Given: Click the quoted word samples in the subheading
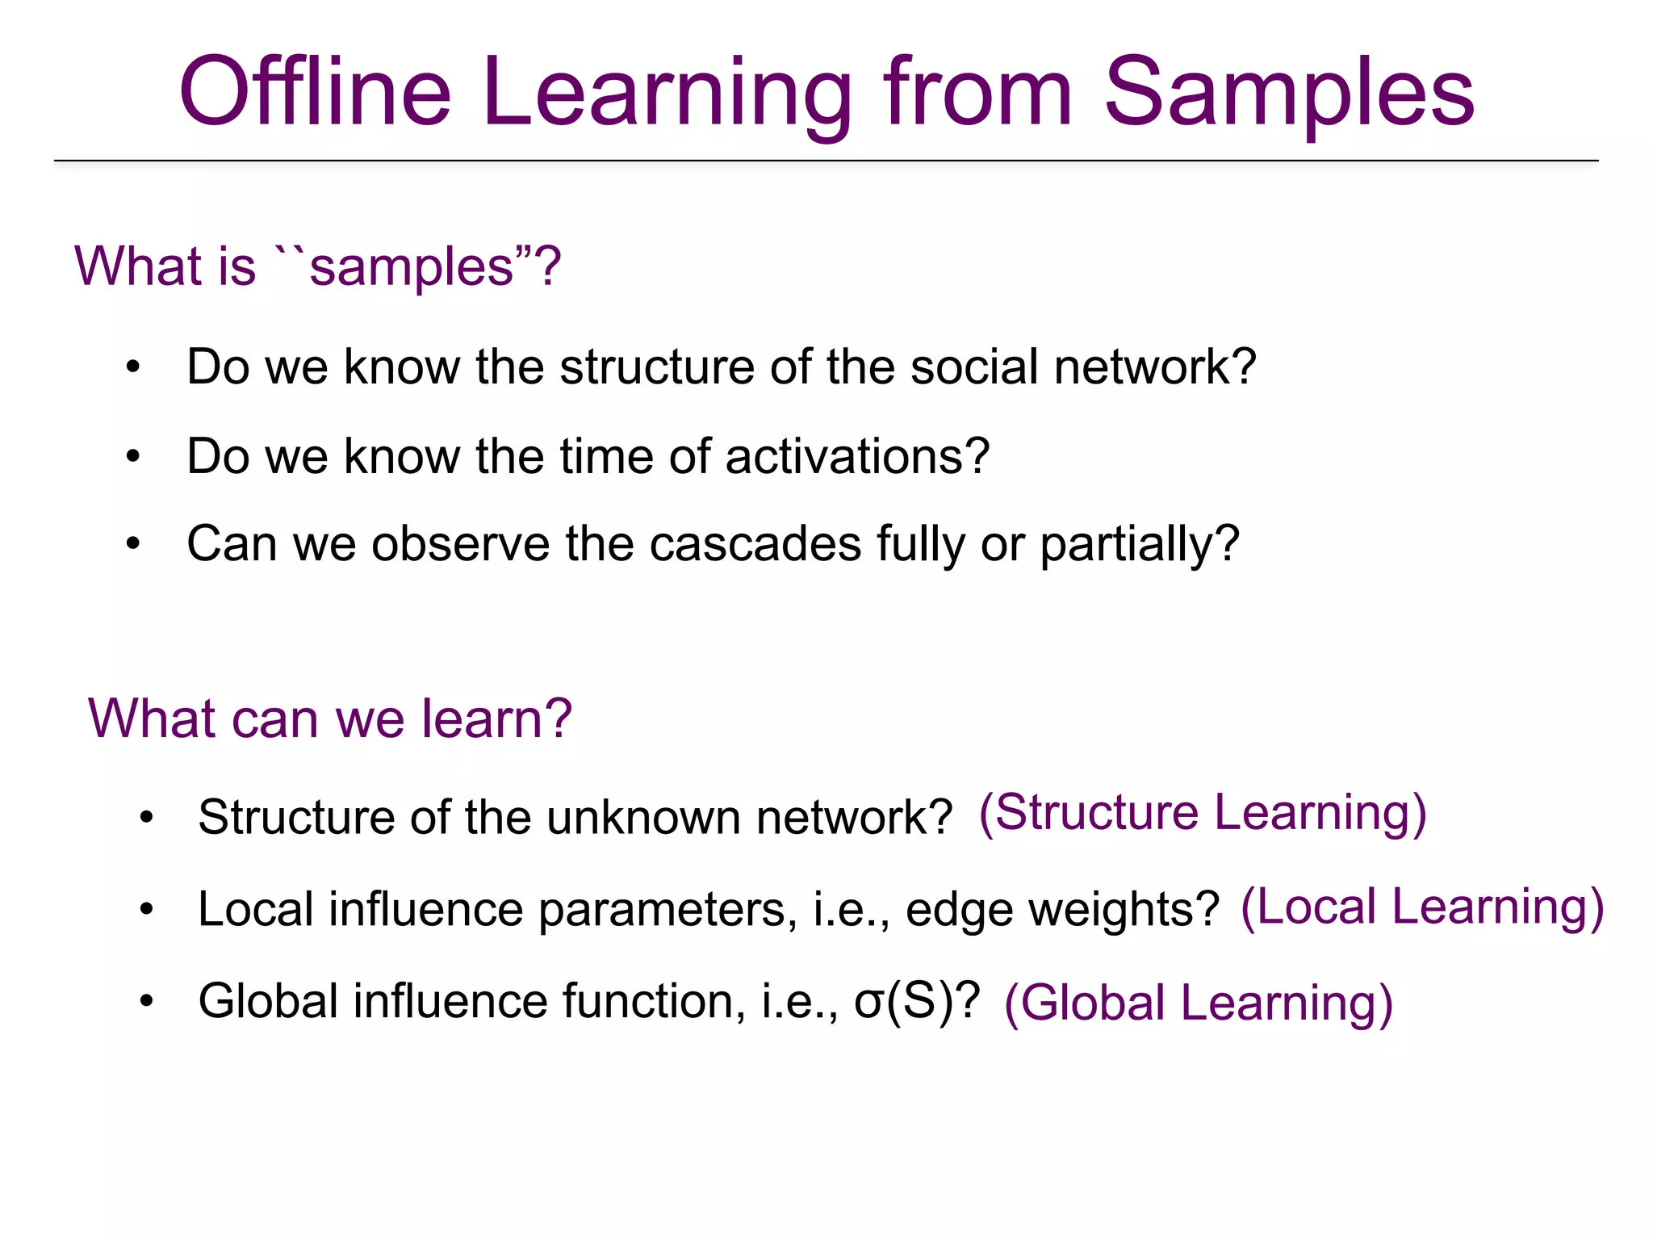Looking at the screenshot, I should [412, 266].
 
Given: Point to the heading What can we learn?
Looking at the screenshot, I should [329, 718].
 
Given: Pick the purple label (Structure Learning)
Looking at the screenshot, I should [1203, 812].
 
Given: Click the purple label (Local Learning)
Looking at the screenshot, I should [1421, 907].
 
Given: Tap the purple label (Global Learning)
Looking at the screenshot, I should [1199, 1003].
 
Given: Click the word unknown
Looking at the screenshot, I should [643, 817].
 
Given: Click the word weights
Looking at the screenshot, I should [1119, 910].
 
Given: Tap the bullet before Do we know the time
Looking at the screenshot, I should [133, 457].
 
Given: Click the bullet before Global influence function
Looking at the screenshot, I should [146, 1002].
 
